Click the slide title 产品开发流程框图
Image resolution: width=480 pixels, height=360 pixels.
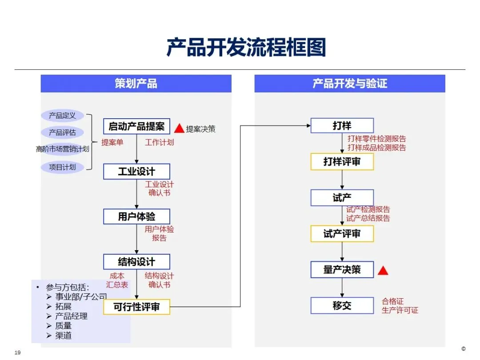[x=246, y=47]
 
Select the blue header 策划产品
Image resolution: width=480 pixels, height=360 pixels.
[x=136, y=84]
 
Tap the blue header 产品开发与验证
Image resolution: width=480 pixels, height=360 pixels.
[x=350, y=84]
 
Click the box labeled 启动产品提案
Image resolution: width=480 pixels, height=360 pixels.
[x=136, y=127]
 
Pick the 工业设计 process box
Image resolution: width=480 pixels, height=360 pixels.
[x=136, y=172]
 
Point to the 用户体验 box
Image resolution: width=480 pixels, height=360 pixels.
[x=136, y=217]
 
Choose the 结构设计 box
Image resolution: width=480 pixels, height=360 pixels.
[x=136, y=262]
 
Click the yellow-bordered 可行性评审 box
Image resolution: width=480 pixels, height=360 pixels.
[x=136, y=307]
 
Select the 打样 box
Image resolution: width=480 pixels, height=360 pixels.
[x=342, y=126]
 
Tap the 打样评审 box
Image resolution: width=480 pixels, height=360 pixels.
[x=342, y=162]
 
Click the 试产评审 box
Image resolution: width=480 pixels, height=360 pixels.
[x=342, y=234]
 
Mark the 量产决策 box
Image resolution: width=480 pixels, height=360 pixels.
[x=342, y=270]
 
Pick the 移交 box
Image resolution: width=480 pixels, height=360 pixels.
[x=342, y=306]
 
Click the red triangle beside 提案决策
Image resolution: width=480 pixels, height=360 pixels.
[x=179, y=128]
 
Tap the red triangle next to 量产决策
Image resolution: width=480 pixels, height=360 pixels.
[x=383, y=270]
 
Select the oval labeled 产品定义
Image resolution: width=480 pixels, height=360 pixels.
[x=62, y=116]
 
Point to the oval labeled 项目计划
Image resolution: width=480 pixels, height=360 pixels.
[x=62, y=167]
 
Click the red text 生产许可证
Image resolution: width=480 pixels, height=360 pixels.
[x=400, y=310]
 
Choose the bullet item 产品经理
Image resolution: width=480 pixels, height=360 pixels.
[x=71, y=316]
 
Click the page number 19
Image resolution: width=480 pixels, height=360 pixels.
[x=18, y=352]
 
